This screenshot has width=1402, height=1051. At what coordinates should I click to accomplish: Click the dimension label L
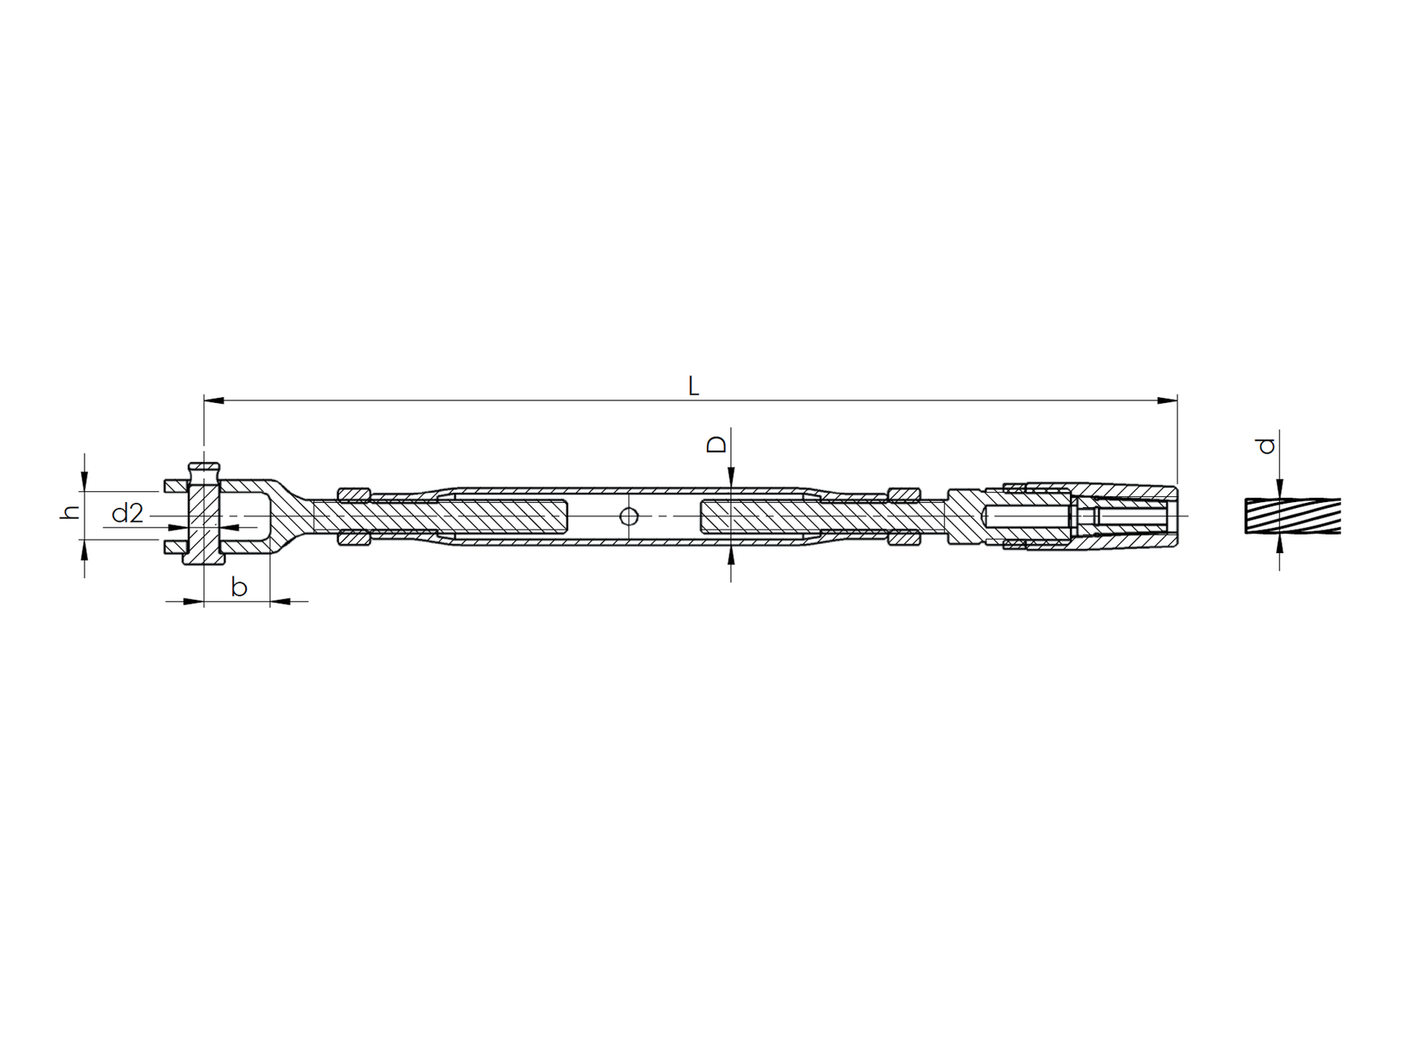[x=693, y=386]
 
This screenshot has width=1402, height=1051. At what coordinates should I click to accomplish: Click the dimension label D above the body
[x=716, y=444]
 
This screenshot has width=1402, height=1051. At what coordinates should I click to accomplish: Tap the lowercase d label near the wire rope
[x=1268, y=445]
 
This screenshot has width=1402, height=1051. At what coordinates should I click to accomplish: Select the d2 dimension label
[x=128, y=514]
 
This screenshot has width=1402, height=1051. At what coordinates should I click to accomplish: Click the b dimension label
[x=239, y=587]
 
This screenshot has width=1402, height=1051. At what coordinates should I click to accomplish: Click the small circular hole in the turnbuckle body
[x=629, y=517]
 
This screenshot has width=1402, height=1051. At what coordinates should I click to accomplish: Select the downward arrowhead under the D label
[x=731, y=479]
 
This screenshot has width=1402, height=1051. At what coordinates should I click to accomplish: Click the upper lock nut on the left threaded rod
[x=354, y=495]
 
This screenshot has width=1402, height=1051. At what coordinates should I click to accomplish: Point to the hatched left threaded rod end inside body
[x=509, y=516]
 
